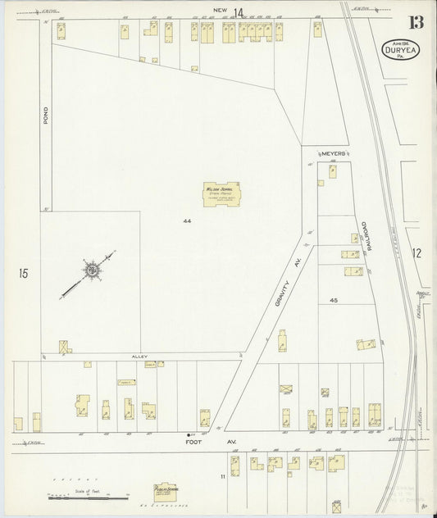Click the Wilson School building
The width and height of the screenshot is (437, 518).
tap(220, 193)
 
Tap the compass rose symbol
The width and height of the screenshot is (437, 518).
tap(92, 269)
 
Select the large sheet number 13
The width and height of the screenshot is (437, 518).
tap(407, 21)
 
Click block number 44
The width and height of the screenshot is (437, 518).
tap(187, 221)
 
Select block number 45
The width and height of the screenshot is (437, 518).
tap(334, 301)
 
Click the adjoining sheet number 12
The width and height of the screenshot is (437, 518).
tap(416, 253)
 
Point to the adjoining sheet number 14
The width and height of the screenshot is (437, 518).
tap(238, 11)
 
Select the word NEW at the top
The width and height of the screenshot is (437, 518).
tap(219, 11)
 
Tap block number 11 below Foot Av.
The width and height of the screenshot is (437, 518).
tap(221, 476)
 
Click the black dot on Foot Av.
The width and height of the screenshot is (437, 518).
tap(189, 434)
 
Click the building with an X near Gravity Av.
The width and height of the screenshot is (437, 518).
tap(285, 388)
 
